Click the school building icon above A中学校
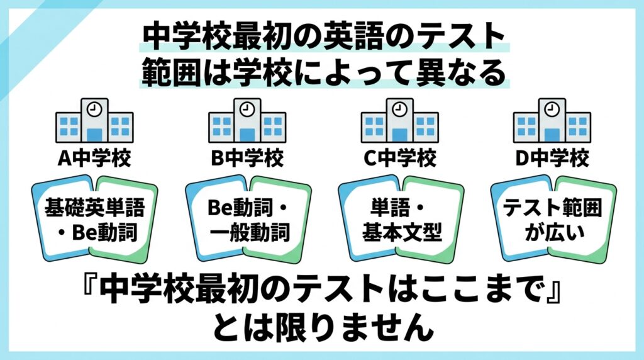pyautogui.click(x=94, y=120)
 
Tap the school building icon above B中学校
pyautogui.click(x=247, y=120)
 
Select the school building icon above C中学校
pyautogui.click(x=400, y=120)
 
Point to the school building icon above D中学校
pyautogui.click(x=552, y=120)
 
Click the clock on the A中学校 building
pyautogui.click(x=94, y=110)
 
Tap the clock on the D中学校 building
pyautogui.click(x=552, y=110)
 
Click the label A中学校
pyautogui.click(x=94, y=158)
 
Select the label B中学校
pyautogui.click(x=247, y=158)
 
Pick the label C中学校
pyautogui.click(x=400, y=158)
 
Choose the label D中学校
pyautogui.click(x=552, y=158)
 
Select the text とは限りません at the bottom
pyautogui.click(x=323, y=327)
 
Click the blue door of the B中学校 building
pyautogui.click(x=247, y=135)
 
